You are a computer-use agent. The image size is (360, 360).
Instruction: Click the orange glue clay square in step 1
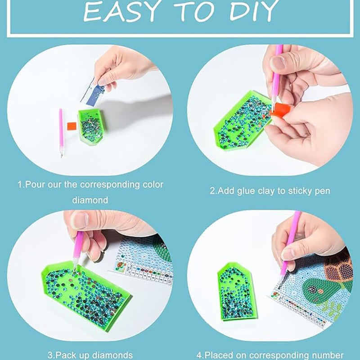(72, 126)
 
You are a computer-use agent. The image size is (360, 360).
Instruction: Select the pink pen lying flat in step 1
(61, 133)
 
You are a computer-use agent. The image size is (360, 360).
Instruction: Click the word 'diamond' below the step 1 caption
(90, 200)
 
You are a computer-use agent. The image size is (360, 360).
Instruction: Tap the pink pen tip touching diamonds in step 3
(75, 269)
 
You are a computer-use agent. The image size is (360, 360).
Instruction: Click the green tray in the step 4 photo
(237, 292)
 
